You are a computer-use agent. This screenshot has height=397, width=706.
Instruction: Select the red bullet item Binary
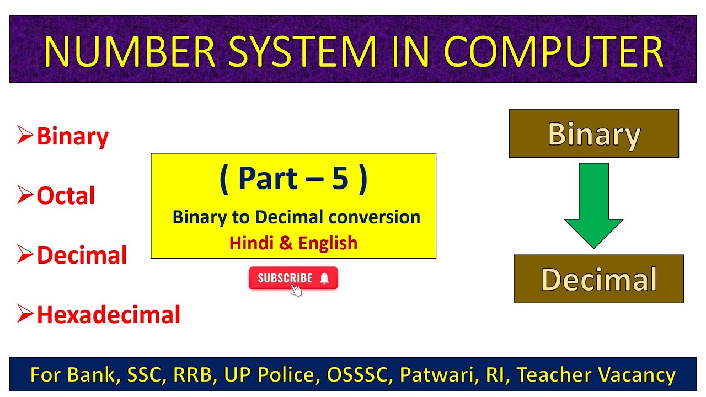pos(72,136)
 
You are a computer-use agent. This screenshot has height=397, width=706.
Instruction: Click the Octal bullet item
pos(66,196)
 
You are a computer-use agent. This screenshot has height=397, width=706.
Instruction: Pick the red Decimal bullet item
pos(82,255)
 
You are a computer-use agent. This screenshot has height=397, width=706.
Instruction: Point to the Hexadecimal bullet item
pos(108,315)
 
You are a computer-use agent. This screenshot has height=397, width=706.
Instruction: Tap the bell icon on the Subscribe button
pos(324,278)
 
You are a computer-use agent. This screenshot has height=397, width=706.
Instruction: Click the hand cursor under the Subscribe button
pos(296,291)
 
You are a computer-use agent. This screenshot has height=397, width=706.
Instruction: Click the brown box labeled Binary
pos(593,133)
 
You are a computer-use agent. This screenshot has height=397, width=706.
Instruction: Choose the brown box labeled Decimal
pos(598,279)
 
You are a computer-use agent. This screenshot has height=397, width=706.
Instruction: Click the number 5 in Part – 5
pos(340,180)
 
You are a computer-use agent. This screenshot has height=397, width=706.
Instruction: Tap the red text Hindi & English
pos(293,243)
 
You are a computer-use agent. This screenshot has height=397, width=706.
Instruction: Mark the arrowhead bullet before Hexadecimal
pos(25,314)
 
